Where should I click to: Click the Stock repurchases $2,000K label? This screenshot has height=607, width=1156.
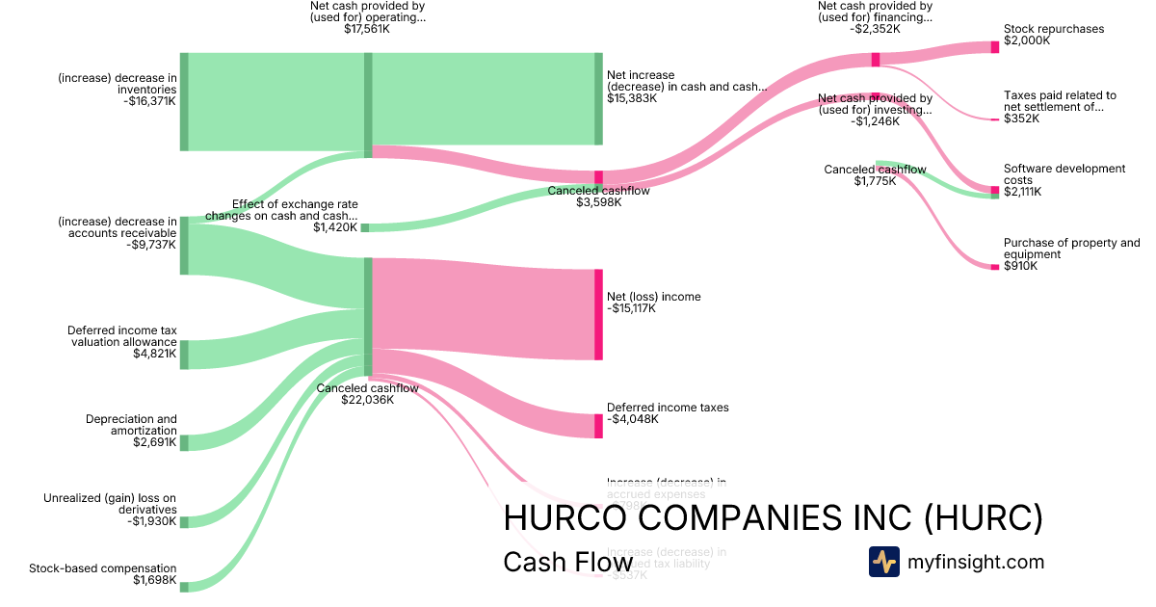pyautogui.click(x=1054, y=35)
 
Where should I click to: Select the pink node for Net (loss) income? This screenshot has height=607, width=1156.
pyautogui.click(x=598, y=314)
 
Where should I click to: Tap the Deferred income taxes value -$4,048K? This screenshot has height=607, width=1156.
pyautogui.click(x=632, y=420)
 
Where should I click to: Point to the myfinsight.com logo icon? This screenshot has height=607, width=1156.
pyautogui.click(x=883, y=562)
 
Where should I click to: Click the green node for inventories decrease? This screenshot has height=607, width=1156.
pyautogui.click(x=184, y=102)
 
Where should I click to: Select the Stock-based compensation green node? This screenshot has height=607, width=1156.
pyautogui.click(x=184, y=587)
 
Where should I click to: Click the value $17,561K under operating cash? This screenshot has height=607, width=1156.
pyautogui.click(x=367, y=30)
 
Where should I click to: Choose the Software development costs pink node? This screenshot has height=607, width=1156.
pyautogui.click(x=995, y=191)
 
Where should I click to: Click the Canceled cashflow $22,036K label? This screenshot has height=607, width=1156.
pyautogui.click(x=367, y=394)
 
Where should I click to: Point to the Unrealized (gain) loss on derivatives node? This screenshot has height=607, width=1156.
pyautogui.click(x=184, y=522)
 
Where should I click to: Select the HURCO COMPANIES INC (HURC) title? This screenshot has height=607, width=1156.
pyautogui.click(x=773, y=518)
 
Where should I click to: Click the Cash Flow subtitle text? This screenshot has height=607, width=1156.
pyautogui.click(x=567, y=562)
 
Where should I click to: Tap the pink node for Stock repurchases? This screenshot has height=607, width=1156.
pyautogui.click(x=995, y=47)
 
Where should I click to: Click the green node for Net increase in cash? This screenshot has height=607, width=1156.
pyautogui.click(x=598, y=99)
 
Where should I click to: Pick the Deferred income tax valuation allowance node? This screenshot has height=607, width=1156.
pyautogui.click(x=184, y=355)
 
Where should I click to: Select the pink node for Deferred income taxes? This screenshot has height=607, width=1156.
pyautogui.click(x=598, y=426)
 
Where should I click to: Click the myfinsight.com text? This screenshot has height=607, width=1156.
pyautogui.click(x=976, y=562)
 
